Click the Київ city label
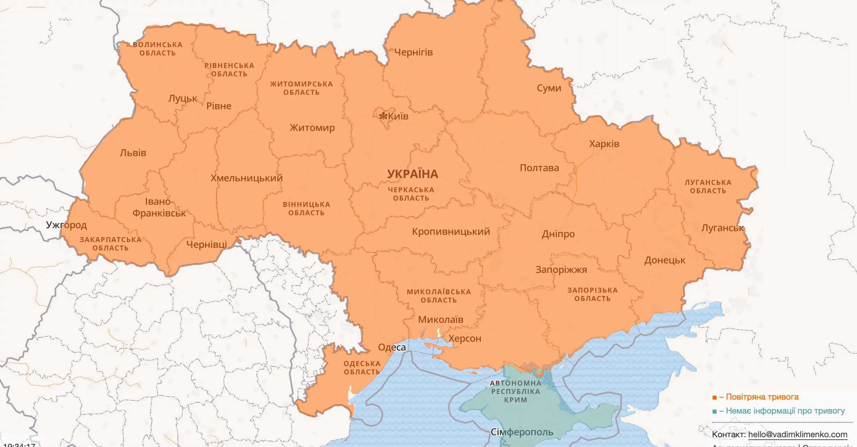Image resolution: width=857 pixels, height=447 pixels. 398,116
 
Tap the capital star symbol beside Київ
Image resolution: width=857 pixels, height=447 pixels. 384,116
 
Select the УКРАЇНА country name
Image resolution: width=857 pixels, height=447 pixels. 412,174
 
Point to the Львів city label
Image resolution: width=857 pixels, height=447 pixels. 133,153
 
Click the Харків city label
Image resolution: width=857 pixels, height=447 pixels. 604,144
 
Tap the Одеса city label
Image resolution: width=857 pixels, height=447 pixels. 392,347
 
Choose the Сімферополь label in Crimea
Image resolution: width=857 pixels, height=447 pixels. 522,432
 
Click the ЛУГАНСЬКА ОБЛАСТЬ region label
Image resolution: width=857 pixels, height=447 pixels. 708,187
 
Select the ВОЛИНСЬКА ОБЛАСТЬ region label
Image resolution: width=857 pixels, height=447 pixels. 157,49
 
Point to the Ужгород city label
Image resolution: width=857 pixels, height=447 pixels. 66,225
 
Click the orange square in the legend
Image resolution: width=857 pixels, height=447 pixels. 715,398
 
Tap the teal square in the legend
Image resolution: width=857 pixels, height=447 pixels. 715,411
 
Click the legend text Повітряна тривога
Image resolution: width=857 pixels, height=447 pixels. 762,397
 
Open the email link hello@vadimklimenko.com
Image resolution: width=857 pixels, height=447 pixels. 797,434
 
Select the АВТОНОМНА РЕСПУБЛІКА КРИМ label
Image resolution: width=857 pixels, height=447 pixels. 516,391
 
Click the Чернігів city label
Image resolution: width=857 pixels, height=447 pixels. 414,52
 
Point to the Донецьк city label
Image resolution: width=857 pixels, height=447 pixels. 665,260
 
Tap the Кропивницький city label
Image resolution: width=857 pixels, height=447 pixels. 451,232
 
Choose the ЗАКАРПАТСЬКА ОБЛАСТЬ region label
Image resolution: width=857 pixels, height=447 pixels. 110,244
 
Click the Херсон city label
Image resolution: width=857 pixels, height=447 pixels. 465,338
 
